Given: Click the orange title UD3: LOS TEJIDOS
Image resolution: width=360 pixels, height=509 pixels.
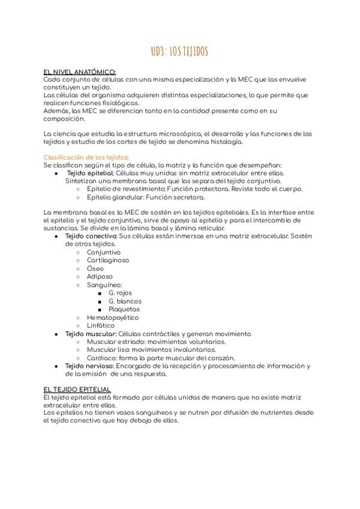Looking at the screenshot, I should pyautogui.click(x=179, y=52).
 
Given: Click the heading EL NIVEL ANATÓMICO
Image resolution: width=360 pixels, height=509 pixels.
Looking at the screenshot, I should pyautogui.click(x=80, y=71).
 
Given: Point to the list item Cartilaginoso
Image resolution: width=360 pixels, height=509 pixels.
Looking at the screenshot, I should pyautogui.click(x=108, y=261).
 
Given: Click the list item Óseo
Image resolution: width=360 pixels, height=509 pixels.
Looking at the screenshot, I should pyautogui.click(x=95, y=269).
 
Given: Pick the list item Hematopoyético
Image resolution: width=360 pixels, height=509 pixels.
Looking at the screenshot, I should pyautogui.click(x=112, y=317).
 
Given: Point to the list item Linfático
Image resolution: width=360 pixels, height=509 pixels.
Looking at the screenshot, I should pyautogui.click(x=101, y=325).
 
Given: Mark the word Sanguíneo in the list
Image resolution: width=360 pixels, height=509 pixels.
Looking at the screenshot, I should pyautogui.click(x=104, y=285).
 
